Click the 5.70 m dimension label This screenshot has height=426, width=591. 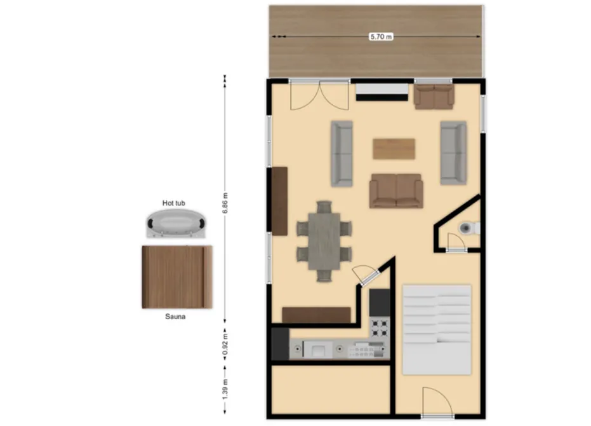[381, 37]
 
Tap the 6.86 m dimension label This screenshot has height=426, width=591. [225, 203]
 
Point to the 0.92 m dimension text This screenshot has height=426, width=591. [225, 345]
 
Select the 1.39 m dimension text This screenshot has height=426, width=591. [225, 389]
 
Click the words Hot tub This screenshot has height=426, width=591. [174, 203]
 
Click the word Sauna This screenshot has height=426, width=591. [175, 317]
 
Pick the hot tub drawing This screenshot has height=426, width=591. [176, 224]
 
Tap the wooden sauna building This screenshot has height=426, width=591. [177, 277]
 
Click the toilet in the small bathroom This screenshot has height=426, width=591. [469, 228]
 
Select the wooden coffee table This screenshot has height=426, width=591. [394, 149]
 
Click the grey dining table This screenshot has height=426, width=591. [324, 241]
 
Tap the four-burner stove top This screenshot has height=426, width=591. [380, 327]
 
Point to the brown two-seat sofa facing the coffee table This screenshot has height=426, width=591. [396, 191]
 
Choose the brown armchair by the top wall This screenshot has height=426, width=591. [434, 97]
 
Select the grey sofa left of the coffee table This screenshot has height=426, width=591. [342, 154]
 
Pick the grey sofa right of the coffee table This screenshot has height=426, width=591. [453, 153]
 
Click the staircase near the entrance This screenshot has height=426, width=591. [437, 330]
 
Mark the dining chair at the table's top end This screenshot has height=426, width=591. [324, 207]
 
